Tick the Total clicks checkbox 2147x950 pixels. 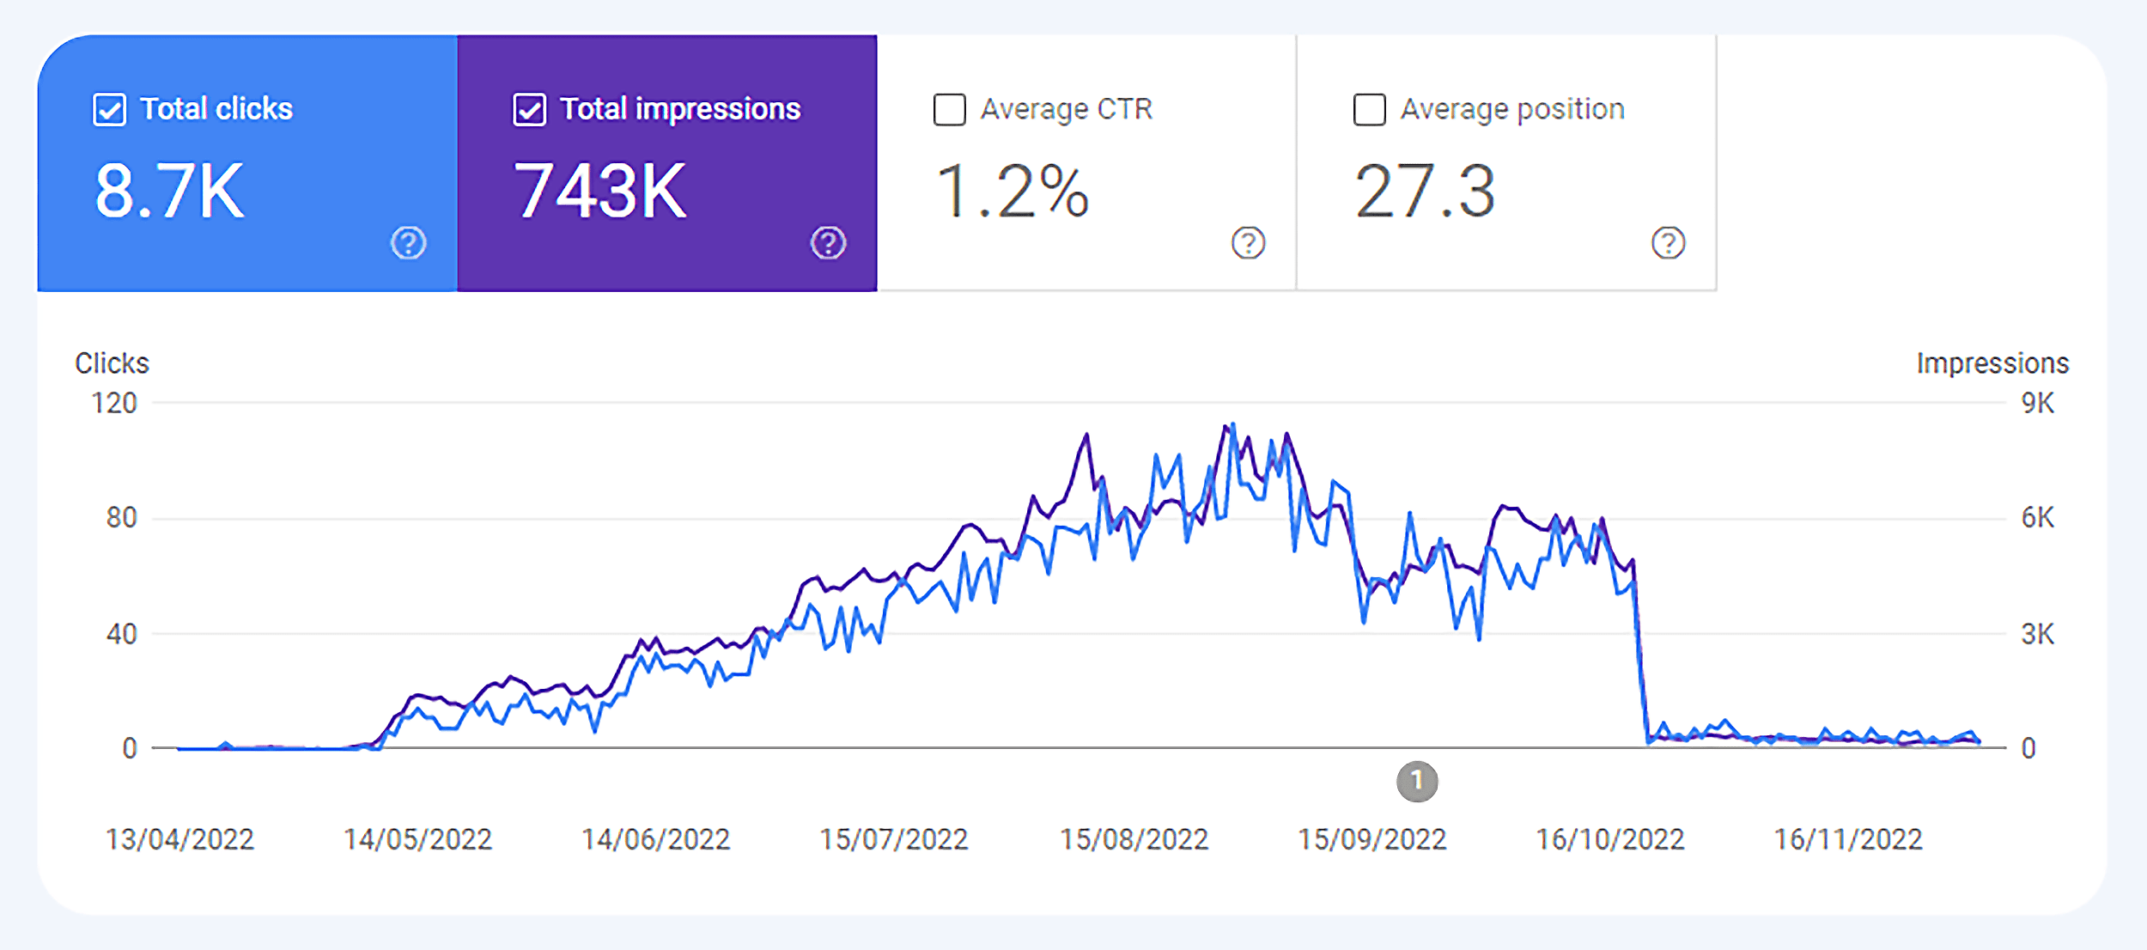coord(109,110)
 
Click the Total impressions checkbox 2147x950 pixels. coord(529,110)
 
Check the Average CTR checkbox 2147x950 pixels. coord(949,110)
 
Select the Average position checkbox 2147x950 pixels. coord(1369,110)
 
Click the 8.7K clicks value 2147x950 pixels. coord(169,192)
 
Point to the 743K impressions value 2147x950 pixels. coord(599,192)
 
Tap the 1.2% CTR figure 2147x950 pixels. coord(1012,192)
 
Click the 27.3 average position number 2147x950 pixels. coord(1425,192)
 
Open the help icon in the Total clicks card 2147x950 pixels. coord(408,243)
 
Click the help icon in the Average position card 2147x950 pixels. coord(1668,243)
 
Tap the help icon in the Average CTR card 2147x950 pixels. coord(1248,243)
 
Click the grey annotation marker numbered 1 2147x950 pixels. coord(1417,782)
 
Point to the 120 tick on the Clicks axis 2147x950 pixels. coord(114,403)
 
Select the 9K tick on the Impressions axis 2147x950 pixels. coord(2037,403)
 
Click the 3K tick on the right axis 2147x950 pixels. coord(2037,634)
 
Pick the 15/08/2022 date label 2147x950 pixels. coord(1134,839)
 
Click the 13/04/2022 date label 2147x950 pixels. coord(179,839)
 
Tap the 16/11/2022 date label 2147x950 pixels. coord(1848,839)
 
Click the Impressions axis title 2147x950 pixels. coord(1992,363)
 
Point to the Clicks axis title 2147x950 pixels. coord(112,363)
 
